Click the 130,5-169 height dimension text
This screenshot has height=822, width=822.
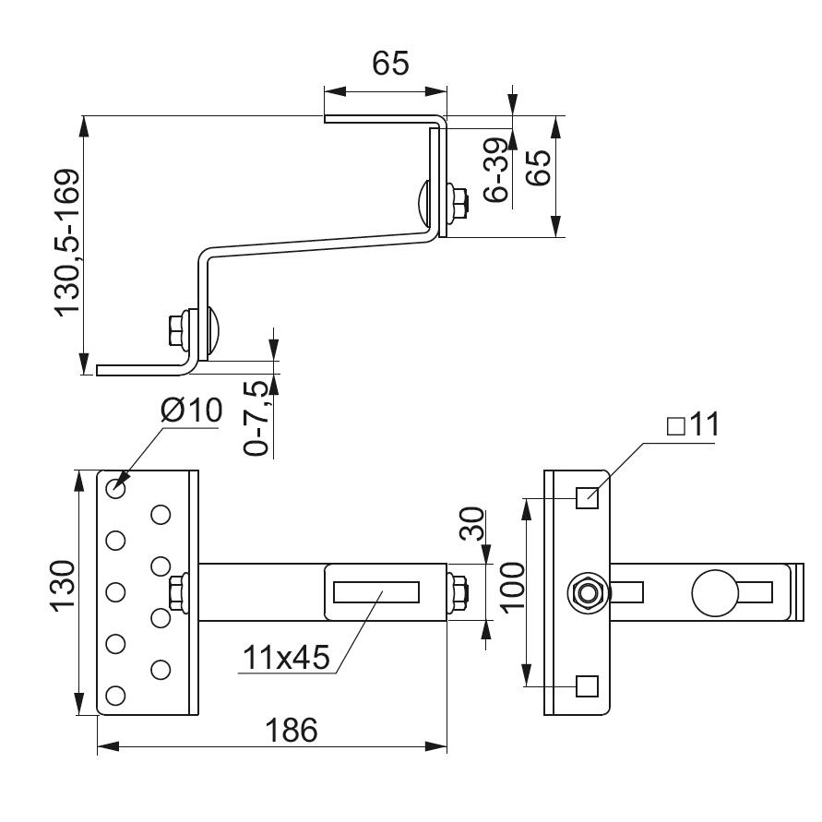click(x=68, y=243)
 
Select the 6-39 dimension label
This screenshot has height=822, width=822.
click(x=495, y=170)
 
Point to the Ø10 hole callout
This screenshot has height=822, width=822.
click(x=192, y=411)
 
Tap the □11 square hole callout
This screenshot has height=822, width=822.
click(x=692, y=425)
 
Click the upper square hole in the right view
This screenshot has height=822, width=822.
click(x=587, y=498)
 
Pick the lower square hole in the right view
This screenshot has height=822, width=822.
click(x=587, y=685)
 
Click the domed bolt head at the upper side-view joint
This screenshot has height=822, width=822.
click(x=422, y=203)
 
